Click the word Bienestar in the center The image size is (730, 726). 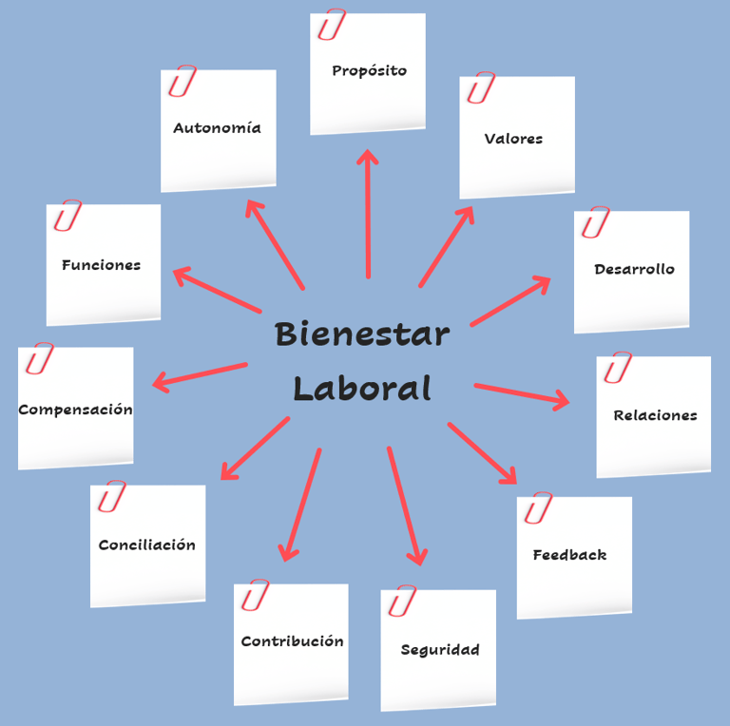coord(361,334)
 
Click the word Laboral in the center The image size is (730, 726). coord(361,388)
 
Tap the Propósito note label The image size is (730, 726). coord(369,70)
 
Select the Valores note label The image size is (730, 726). coord(513,139)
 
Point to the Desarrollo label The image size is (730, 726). coord(634,269)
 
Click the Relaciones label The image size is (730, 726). coord(655,415)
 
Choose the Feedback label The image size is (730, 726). coord(569,555)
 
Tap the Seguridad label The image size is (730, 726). coord(440,650)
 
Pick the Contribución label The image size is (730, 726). coord(292,641)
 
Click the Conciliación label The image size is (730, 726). coord(147,545)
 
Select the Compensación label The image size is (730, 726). coord(75,411)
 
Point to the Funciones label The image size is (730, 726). coord(101,265)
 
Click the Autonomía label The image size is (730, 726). coord(217,128)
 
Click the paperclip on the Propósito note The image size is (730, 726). coord(331,25)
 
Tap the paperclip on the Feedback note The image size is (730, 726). coord(538,508)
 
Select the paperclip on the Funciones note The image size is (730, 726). coord(67,216)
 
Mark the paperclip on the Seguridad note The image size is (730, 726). coord(402,601)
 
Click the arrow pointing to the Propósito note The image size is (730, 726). coord(368,214)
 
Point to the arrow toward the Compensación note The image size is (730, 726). coord(200,374)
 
